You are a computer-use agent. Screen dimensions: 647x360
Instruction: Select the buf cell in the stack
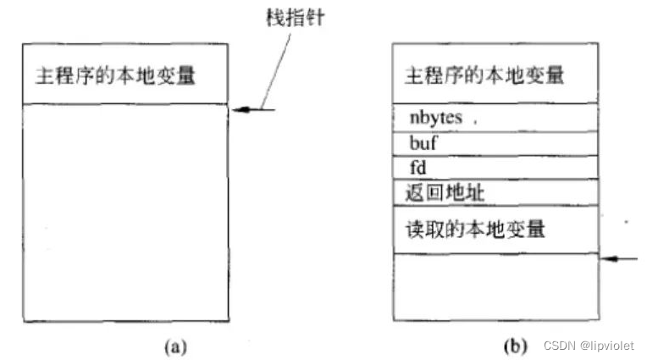point(495,144)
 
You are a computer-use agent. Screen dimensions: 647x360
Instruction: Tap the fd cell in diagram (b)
point(495,169)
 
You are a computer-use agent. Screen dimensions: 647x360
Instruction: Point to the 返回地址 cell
point(495,193)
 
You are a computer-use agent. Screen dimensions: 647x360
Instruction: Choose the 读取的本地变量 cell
point(495,228)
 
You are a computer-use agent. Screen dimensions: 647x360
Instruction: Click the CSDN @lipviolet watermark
point(589,346)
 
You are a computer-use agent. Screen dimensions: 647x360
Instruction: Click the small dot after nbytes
point(475,122)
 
